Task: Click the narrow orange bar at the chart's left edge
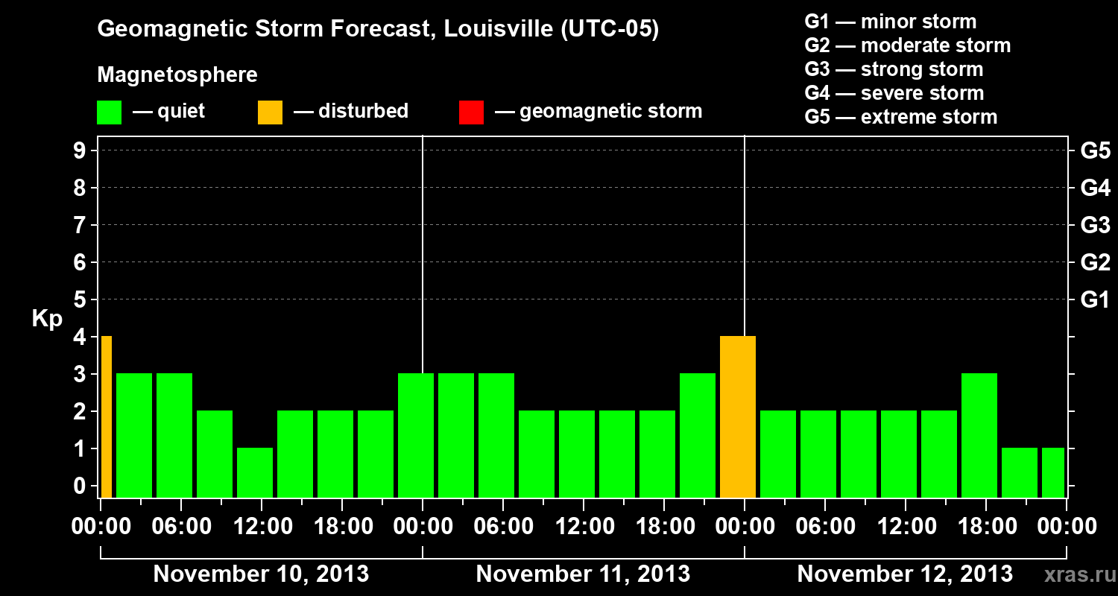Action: coord(106,416)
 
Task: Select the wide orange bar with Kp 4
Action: coord(738,416)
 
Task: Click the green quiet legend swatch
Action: coord(109,112)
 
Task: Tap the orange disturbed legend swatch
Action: coord(270,112)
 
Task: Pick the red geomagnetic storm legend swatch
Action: coord(471,112)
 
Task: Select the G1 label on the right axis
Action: coord(1095,299)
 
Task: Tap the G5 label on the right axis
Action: coord(1095,150)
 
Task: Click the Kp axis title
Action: coord(47,318)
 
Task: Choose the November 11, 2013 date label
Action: coord(583,574)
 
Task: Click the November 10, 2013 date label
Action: coord(261,574)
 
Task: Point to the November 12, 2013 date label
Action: coord(905,574)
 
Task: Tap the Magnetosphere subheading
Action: coord(177,75)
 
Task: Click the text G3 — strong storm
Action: coord(894,69)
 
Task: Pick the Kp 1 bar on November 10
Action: coord(255,472)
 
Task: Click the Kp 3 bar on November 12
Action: coord(979,435)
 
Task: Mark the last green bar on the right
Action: coord(1053,472)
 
